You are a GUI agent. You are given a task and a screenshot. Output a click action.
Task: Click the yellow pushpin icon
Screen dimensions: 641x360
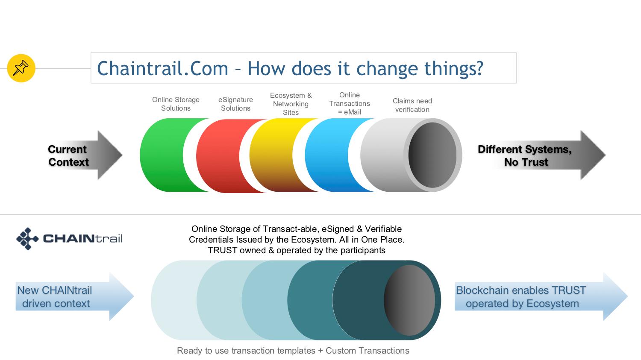[x=21, y=68]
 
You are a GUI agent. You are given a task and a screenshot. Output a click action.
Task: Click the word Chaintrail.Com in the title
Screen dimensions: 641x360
[x=162, y=69]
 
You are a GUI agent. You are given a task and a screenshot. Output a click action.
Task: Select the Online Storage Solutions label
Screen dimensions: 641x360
[x=176, y=104]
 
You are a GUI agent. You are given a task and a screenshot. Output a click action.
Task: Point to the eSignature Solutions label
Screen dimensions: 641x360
[x=235, y=104]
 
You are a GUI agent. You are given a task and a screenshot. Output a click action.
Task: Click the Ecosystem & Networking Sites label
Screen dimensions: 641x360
[x=291, y=104]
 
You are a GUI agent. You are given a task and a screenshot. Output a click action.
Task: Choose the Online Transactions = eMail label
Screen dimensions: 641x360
[x=350, y=103]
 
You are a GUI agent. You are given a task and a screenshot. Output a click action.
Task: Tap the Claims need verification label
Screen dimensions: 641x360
[x=412, y=105]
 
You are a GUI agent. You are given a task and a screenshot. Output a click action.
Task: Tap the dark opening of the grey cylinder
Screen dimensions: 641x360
[x=432, y=155]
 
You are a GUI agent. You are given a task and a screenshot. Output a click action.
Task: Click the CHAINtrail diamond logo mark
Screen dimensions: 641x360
[x=27, y=239]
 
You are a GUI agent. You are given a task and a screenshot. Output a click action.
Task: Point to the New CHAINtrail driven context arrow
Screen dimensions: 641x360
[x=75, y=296]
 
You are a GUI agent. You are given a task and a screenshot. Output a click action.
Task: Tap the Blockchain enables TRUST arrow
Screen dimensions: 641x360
[x=541, y=296]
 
